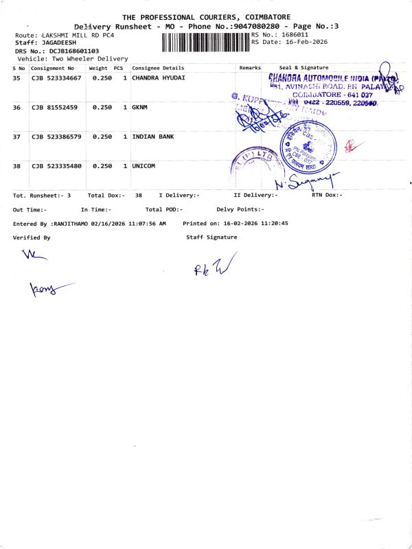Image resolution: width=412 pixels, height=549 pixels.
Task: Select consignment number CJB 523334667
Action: [x=56, y=78]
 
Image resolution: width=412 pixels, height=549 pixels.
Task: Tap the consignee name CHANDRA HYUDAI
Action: [x=159, y=78]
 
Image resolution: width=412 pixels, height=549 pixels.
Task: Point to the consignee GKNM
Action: [x=139, y=108]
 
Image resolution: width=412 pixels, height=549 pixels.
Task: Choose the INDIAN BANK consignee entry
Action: [x=152, y=137]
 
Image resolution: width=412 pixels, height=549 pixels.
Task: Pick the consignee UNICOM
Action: [x=144, y=166]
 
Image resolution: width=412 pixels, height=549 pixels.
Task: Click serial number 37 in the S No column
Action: [x=17, y=137]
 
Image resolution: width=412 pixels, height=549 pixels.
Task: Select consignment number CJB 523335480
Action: [x=56, y=166]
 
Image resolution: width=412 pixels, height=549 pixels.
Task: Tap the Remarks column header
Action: [x=250, y=68]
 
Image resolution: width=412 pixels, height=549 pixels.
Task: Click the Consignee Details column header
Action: [x=158, y=68]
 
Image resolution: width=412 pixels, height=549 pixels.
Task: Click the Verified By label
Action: [x=32, y=237]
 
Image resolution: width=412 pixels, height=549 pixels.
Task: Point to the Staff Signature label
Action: [x=211, y=237]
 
